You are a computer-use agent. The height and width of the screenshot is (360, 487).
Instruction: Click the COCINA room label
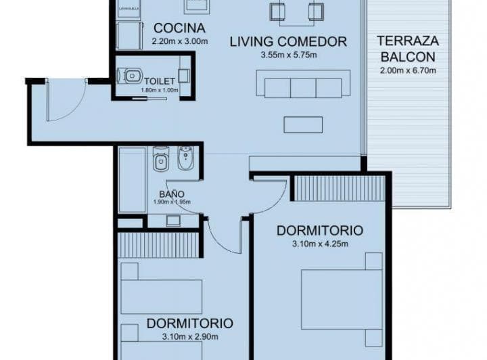[179, 28]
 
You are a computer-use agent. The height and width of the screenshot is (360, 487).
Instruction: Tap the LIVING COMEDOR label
[288, 41]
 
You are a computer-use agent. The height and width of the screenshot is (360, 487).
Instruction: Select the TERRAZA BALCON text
[406, 48]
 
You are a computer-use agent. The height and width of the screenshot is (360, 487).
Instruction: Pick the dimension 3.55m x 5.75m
[288, 55]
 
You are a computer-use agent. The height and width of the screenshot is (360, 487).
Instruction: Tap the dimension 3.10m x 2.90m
[189, 336]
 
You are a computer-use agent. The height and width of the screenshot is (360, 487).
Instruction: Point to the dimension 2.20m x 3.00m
[179, 41]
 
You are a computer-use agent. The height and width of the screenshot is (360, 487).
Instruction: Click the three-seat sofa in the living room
[303, 87]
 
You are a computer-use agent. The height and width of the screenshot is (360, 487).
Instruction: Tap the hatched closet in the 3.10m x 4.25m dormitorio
[340, 188]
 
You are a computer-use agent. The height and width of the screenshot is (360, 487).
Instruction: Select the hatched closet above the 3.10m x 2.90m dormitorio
[158, 245]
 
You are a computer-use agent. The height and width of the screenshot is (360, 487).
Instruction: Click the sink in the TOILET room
[183, 76]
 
